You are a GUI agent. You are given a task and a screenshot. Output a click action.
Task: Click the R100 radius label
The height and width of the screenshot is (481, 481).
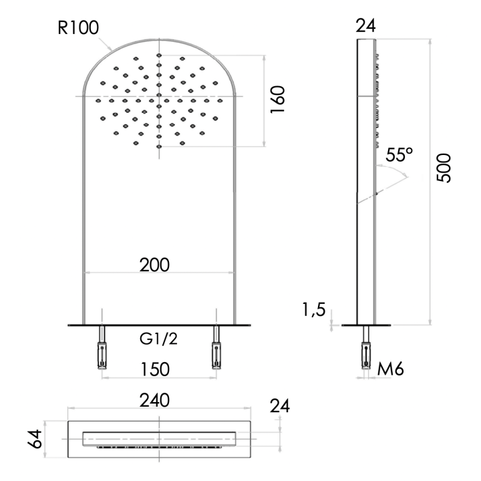[x=79, y=27]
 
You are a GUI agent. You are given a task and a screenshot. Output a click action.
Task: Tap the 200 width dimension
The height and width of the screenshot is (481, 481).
[x=154, y=265]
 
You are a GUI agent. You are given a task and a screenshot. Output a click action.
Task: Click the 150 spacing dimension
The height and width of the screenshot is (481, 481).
[x=154, y=369]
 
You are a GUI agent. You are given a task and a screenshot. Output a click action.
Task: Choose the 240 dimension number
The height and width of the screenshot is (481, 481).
[x=155, y=400]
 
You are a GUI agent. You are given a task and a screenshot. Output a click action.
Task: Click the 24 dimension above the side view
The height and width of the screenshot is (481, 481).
[x=366, y=26]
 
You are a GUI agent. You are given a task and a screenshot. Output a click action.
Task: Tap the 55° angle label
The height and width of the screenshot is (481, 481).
[x=400, y=156]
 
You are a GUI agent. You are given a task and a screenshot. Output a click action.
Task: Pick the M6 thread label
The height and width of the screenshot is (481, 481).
[x=391, y=367]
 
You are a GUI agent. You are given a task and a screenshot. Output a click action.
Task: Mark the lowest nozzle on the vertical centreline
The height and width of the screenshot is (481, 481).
[x=159, y=146]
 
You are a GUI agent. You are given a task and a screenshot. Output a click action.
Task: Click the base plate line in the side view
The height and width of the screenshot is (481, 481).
[x=367, y=325]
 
